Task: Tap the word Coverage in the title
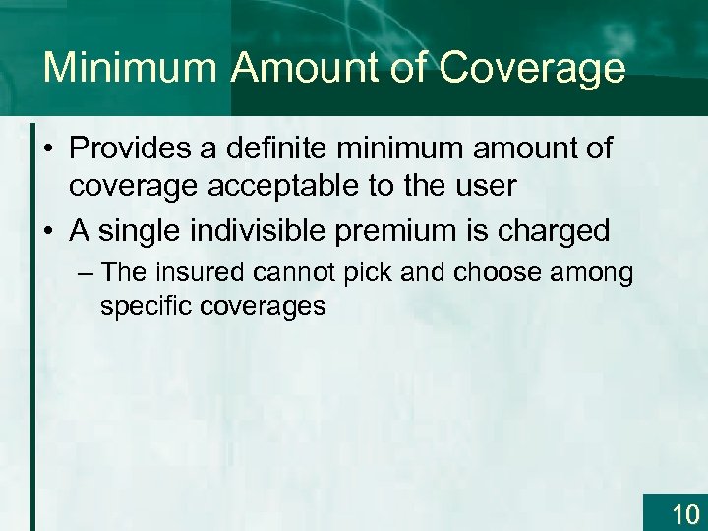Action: tap(532, 69)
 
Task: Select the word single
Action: tap(135, 231)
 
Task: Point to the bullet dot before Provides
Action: tap(49, 150)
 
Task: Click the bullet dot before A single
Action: tap(49, 232)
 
